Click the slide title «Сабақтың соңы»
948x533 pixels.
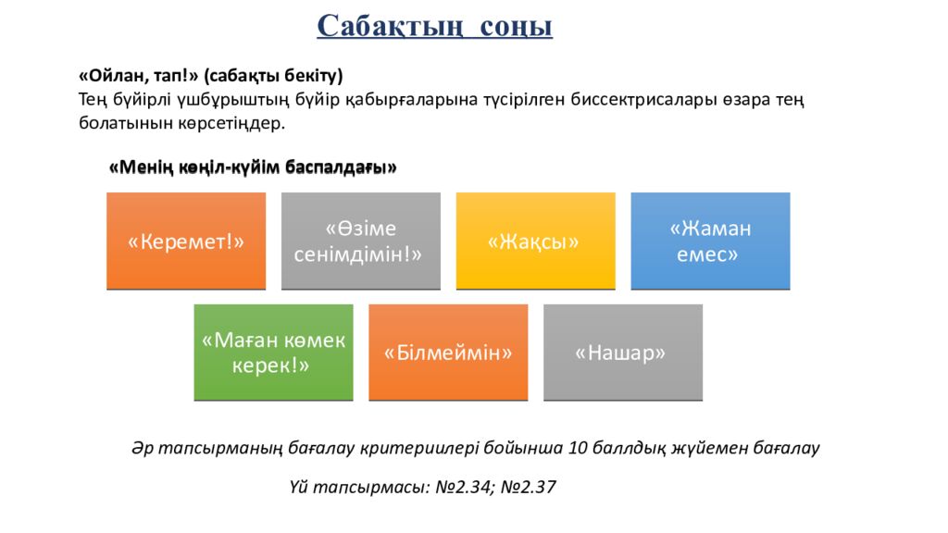434,26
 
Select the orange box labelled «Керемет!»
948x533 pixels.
185,242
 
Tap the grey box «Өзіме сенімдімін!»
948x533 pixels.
360,242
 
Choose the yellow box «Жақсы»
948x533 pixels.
534,242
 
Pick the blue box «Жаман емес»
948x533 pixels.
710,242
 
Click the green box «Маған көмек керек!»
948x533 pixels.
273,353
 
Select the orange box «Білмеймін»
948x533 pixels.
448,353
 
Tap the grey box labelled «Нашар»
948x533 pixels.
622,353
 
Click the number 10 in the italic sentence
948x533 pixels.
579,449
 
